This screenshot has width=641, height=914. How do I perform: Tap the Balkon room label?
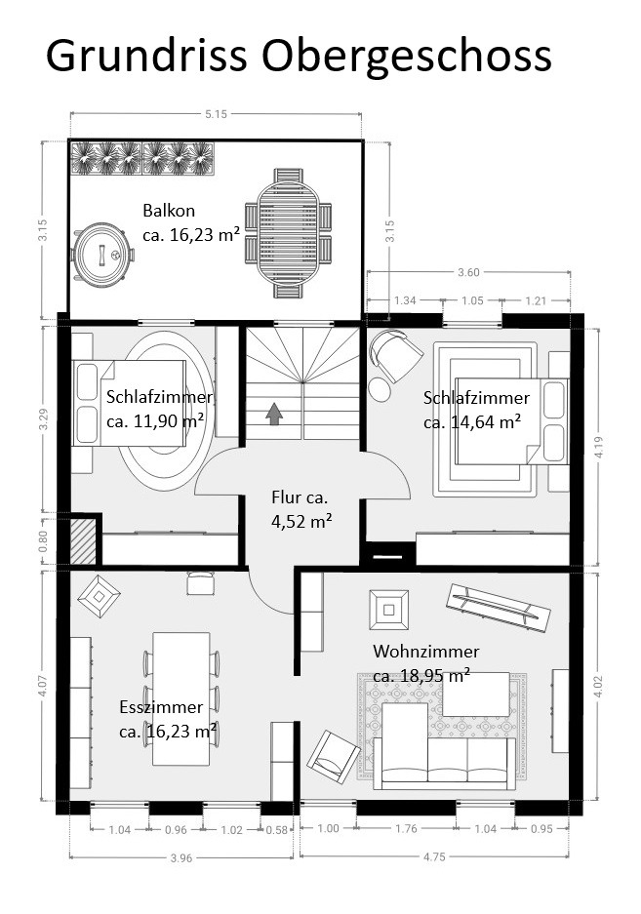169,211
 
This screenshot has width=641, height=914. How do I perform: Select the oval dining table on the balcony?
288,233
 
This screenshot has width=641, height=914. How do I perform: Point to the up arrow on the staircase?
274,415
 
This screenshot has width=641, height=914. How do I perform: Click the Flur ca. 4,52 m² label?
301,509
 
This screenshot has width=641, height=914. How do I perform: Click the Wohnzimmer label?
425,651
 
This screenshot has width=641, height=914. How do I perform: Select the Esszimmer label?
161,707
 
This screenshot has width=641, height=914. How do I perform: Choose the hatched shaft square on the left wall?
83,541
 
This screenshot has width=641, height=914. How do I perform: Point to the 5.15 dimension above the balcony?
216,114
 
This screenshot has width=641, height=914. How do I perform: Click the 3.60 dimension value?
468,272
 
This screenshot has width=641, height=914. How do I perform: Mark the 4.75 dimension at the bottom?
434,856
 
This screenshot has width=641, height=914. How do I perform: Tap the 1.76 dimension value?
406,828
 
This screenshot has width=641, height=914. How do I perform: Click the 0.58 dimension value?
277,830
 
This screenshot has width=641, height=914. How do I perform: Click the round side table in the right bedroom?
381,389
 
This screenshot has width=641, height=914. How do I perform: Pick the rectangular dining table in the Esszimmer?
181,698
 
